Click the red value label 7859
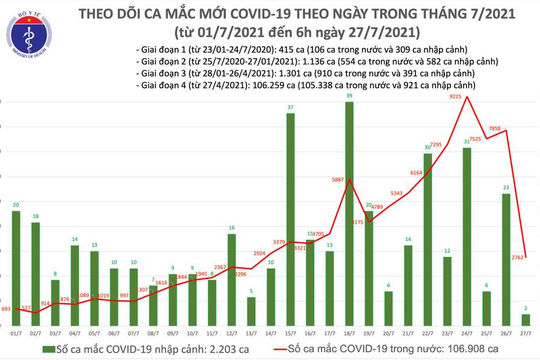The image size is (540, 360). click(508, 128)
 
